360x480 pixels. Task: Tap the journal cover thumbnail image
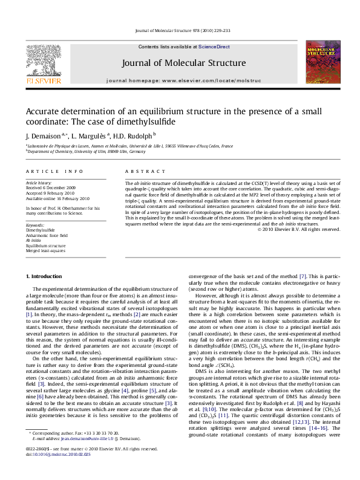[322, 62]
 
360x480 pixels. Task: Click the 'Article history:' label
[39, 182]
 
